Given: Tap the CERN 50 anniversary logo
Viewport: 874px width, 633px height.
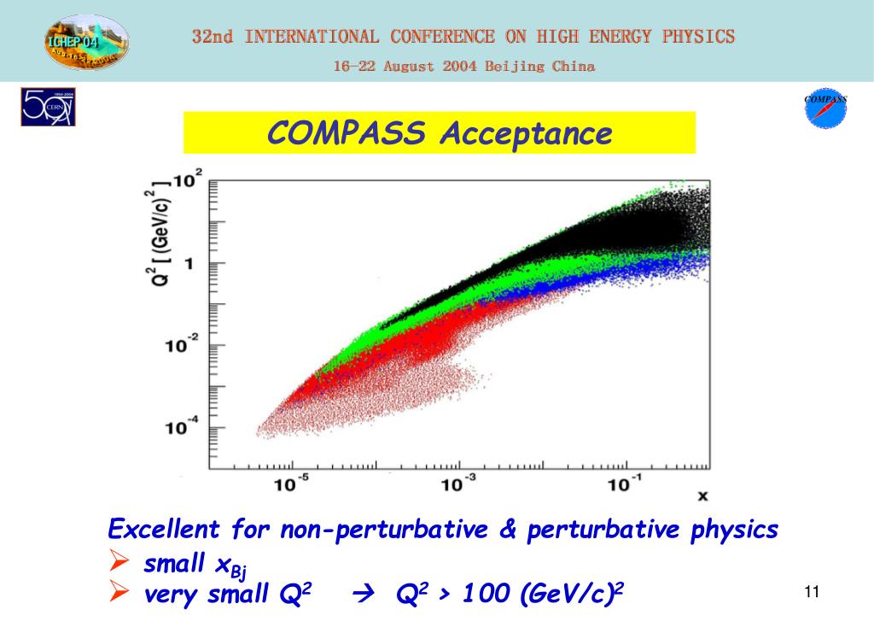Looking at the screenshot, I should coord(47,108).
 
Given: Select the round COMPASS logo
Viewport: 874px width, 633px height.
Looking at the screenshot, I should coord(825,109).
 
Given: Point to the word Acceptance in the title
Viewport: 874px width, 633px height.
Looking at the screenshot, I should coord(527,133).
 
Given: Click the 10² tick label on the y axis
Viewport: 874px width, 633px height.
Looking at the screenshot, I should coord(187,181).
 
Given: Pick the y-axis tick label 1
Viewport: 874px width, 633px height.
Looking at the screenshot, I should coord(189,264).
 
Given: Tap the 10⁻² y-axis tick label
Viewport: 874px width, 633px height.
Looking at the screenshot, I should coord(182,344).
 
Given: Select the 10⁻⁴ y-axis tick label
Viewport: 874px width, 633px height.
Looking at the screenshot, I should coord(182,427).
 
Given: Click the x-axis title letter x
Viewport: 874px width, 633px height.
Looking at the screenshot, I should coord(702,495).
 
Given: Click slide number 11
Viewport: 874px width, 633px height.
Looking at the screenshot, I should coord(811,593).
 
